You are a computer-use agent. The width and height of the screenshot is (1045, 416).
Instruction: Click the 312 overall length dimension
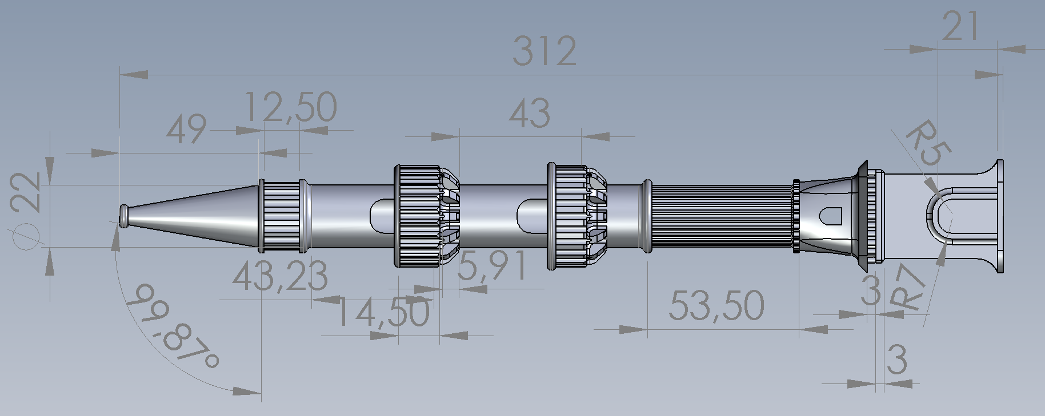[x=544, y=50]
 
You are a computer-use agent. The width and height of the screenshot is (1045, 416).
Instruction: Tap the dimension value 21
[x=961, y=26]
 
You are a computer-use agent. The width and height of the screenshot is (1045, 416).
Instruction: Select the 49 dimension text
[x=186, y=128]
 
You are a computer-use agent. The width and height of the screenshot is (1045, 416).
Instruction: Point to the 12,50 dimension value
[x=290, y=107]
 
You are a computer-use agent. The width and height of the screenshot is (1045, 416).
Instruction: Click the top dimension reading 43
[x=529, y=112]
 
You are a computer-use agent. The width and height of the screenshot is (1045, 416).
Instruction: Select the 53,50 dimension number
[x=716, y=305]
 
